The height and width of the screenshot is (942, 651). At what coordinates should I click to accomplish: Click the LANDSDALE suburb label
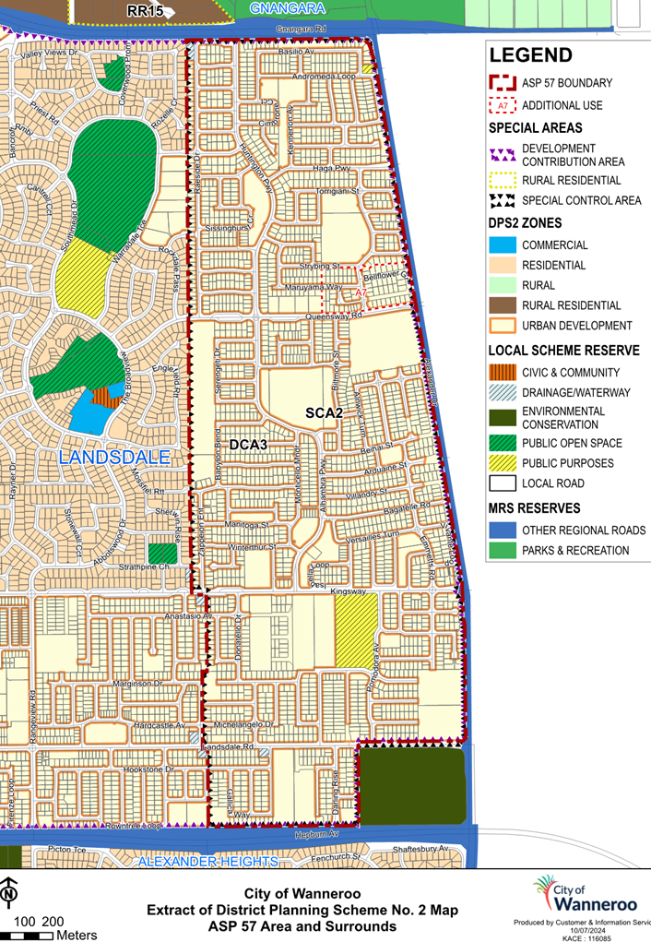click(x=114, y=458)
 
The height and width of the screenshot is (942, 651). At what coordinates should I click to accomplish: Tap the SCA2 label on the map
click(x=324, y=413)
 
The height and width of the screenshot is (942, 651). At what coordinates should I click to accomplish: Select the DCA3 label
click(x=247, y=445)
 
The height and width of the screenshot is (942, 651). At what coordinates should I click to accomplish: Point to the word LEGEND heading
click(x=530, y=55)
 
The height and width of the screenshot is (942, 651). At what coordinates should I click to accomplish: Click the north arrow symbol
click(x=8, y=893)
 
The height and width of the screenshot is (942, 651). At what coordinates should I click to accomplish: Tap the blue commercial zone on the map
click(x=93, y=411)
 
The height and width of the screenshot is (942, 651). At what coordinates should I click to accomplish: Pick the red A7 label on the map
click(x=361, y=292)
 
